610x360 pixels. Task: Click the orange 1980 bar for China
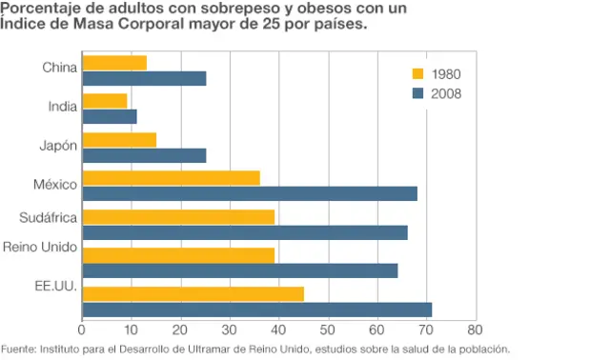point(114,63)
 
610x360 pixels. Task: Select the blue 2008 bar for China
point(144,78)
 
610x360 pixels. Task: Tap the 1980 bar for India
point(105,101)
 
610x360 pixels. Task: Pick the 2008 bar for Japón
point(144,155)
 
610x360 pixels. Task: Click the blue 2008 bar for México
point(250,193)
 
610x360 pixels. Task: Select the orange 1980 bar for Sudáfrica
point(178,217)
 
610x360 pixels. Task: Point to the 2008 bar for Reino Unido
point(240,270)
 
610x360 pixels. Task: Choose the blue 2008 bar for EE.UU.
point(257,309)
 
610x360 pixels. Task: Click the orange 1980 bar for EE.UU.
point(193,293)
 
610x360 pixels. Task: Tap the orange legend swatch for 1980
point(417,73)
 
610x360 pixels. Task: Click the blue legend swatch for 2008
point(417,92)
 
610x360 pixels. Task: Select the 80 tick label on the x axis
point(475,330)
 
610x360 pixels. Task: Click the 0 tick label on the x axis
point(83,330)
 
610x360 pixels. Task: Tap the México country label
point(54,183)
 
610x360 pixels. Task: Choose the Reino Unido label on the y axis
point(40,248)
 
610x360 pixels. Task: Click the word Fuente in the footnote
point(17,349)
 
